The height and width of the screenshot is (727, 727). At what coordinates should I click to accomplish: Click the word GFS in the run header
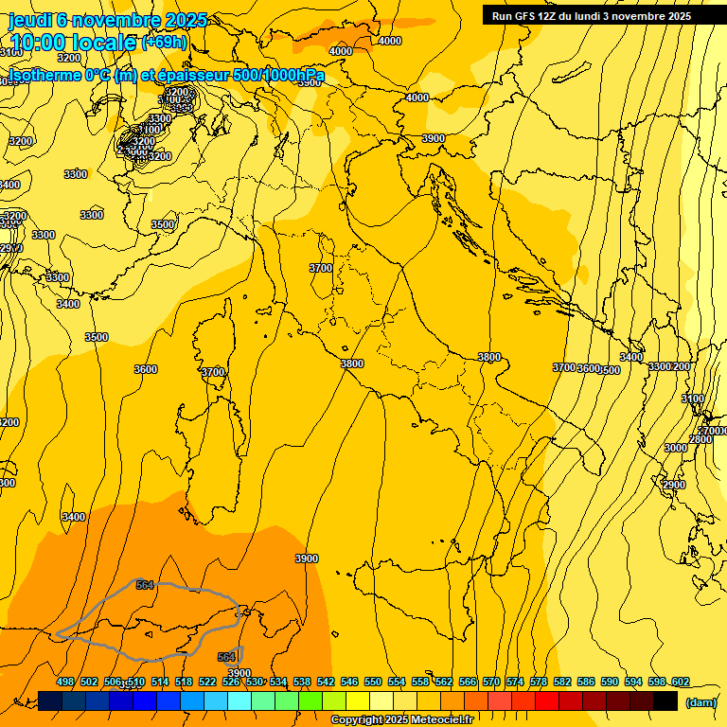(x=525, y=16)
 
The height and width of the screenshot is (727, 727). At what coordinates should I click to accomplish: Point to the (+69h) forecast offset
(x=164, y=42)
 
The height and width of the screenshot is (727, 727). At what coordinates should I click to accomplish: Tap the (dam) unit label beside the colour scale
(x=700, y=701)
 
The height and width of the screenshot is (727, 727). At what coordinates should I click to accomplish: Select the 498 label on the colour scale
(x=65, y=682)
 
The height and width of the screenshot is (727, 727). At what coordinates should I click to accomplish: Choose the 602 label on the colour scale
(x=681, y=682)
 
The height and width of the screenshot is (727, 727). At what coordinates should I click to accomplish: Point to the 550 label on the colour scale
(x=373, y=682)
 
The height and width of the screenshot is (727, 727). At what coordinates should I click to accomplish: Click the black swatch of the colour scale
(x=665, y=700)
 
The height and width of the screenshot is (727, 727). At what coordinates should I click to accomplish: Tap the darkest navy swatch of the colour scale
(x=50, y=700)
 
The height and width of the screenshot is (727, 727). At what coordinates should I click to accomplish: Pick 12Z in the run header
(x=547, y=16)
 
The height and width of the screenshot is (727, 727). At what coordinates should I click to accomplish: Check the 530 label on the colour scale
(x=255, y=682)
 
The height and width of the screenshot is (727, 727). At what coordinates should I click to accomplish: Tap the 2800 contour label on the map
(x=700, y=440)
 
